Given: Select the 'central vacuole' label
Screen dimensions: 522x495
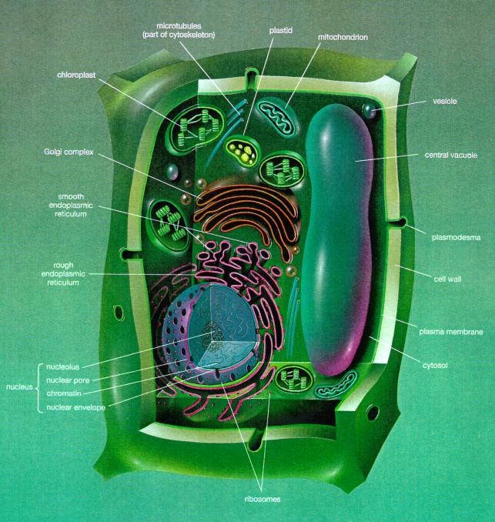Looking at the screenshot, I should pyautogui.click(x=451, y=156).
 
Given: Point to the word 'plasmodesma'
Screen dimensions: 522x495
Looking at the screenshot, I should pyautogui.click(x=457, y=237).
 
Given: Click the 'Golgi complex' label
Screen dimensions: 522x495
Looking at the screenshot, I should pyautogui.click(x=69, y=152).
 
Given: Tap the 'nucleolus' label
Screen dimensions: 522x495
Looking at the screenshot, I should pyautogui.click(x=62, y=366).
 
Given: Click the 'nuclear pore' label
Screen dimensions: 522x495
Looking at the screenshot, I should pyautogui.click(x=67, y=380).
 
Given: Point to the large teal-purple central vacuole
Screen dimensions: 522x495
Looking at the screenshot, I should pyautogui.click(x=339, y=231).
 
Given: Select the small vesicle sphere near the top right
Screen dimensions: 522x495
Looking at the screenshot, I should pyautogui.click(x=370, y=111).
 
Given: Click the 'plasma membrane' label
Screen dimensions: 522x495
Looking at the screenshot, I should pyautogui.click(x=450, y=332).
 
